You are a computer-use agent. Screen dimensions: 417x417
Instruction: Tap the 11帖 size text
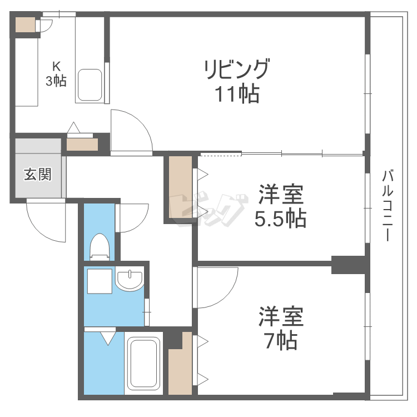pos(237,95)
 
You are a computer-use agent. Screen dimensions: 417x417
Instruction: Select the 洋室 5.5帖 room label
pos(280,207)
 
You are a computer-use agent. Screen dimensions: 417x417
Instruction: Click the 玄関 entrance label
pos(37,174)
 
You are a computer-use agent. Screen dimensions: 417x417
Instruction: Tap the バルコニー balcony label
pos(388,206)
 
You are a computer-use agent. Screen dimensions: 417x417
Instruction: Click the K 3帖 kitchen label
pos(56,74)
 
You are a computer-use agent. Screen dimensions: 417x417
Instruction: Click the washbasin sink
pos(130,280)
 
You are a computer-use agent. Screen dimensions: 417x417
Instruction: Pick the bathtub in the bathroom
pos(143,364)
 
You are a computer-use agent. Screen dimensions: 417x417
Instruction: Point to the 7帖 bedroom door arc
pos(217,286)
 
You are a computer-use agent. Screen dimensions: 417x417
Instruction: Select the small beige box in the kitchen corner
pos(24,25)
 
